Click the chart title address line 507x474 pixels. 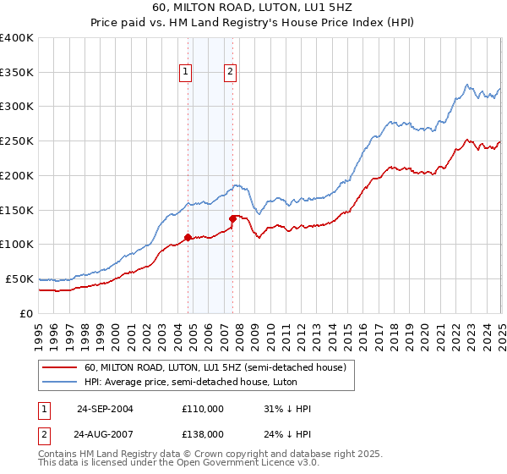pos(253,7)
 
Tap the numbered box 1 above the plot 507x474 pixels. pos(185,73)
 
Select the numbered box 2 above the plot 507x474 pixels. pos(230,73)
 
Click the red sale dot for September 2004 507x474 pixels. pos(188,237)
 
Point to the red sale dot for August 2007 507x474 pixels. pos(232,218)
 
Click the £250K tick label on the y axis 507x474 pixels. pos(16,141)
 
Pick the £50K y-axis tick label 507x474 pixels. pos(19,278)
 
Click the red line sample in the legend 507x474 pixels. pos(61,368)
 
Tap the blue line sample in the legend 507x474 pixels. pos(61,382)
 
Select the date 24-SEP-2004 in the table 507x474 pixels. pos(105,409)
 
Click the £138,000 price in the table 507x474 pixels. pos(203,433)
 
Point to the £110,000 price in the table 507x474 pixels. pos(203,409)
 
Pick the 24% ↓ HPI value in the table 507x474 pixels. pos(287,433)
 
